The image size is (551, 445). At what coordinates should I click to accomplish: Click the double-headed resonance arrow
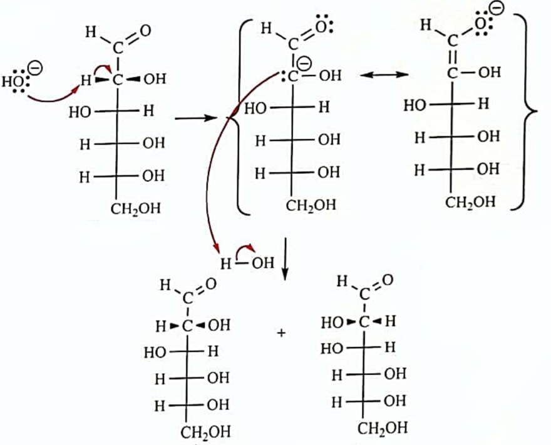[384, 74]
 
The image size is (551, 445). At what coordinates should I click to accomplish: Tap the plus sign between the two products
[281, 332]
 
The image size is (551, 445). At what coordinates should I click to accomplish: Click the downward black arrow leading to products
[285, 259]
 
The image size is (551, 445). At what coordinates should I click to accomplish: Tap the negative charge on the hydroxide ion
[36, 68]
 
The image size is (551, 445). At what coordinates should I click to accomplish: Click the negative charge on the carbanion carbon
[304, 64]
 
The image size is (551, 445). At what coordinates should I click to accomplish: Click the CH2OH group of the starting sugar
[136, 209]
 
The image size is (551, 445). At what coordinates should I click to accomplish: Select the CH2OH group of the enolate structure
[470, 202]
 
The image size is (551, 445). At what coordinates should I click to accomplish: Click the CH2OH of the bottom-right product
[383, 429]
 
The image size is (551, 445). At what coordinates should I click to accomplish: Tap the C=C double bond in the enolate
[452, 56]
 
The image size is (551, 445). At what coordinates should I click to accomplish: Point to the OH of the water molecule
[263, 262]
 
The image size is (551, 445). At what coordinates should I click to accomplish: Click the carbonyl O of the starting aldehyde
[145, 31]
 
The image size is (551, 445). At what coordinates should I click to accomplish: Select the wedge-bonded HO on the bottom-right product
[331, 322]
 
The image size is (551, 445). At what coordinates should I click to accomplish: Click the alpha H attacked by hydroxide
[85, 81]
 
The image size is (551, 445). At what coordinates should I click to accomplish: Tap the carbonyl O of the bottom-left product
[211, 284]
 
